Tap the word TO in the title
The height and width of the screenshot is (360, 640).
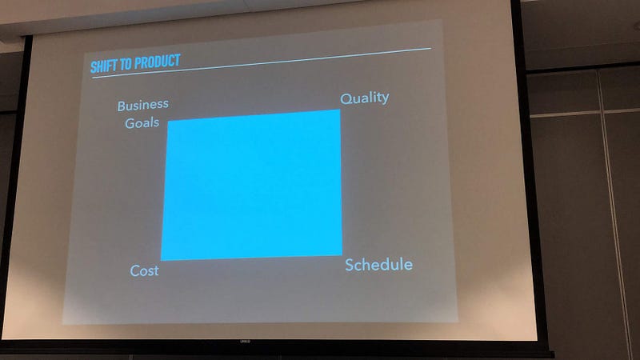click(x=126, y=64)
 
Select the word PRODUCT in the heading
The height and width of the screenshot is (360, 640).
click(x=157, y=62)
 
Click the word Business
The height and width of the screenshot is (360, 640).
click(x=143, y=106)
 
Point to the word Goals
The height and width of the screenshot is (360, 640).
click(x=142, y=123)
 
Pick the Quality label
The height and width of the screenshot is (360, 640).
click(x=365, y=98)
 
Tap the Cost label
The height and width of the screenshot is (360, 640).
click(x=144, y=270)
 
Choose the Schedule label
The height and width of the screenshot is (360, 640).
click(x=378, y=265)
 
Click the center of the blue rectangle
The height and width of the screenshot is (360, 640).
click(x=252, y=185)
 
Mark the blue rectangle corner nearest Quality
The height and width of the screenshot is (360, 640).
click(x=339, y=110)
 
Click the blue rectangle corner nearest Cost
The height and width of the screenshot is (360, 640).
click(x=161, y=261)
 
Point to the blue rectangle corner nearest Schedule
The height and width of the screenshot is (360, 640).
click(x=342, y=255)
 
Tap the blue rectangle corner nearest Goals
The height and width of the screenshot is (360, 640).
click(x=168, y=121)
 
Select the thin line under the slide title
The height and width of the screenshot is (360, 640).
click(x=262, y=62)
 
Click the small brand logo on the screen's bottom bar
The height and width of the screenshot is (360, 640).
click(x=245, y=342)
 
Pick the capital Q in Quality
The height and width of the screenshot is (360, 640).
click(x=346, y=98)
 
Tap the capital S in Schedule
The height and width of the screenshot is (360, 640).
click(x=350, y=265)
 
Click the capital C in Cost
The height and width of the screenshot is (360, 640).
click(x=135, y=270)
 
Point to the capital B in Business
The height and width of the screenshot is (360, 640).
click(x=122, y=106)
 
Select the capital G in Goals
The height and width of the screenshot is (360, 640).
click(x=130, y=123)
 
